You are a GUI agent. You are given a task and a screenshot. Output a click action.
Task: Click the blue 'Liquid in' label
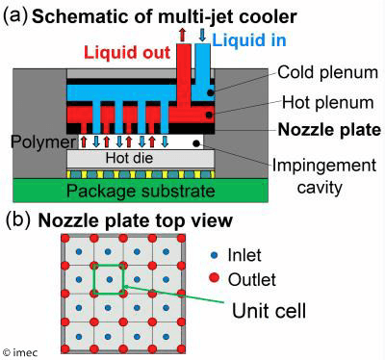(244, 39)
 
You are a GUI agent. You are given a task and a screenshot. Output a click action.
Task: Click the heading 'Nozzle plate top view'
(135, 220)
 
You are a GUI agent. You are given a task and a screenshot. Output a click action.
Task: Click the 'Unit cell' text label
(269, 312)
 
